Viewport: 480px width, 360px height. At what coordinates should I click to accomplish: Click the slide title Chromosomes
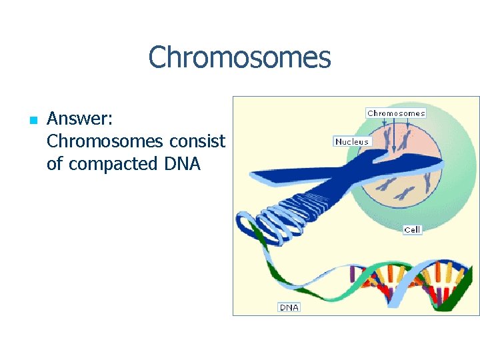click(239, 57)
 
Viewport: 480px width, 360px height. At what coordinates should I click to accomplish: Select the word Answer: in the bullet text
click(80, 119)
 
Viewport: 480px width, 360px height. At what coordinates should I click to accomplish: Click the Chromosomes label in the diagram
click(396, 113)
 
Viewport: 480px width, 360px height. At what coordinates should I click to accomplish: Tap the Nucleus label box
click(352, 141)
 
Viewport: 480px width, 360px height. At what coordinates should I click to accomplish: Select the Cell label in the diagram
click(413, 229)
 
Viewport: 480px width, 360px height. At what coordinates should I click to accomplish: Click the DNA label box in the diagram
click(289, 307)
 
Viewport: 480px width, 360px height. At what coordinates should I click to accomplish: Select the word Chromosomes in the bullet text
click(105, 141)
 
